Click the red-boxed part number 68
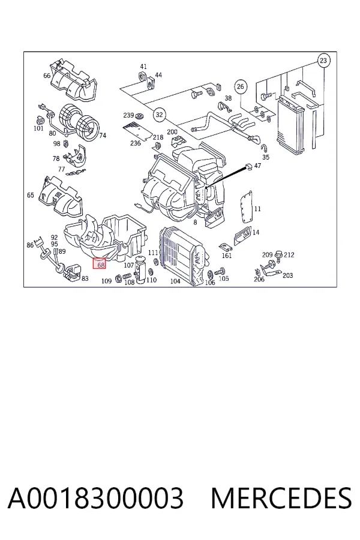(101, 264)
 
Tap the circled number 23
(323, 61)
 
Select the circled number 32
(159, 115)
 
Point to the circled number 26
(241, 86)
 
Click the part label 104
(175, 281)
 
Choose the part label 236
(136, 143)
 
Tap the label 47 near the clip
(257, 166)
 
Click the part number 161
(227, 256)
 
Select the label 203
(287, 275)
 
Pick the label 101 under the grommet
(38, 128)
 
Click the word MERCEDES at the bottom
(281, 498)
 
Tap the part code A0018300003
(95, 498)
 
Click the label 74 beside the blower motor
(103, 136)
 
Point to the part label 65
(31, 195)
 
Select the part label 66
(47, 76)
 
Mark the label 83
(85, 278)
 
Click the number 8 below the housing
(196, 223)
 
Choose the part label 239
(128, 115)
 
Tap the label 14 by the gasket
(256, 232)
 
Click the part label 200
(172, 132)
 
